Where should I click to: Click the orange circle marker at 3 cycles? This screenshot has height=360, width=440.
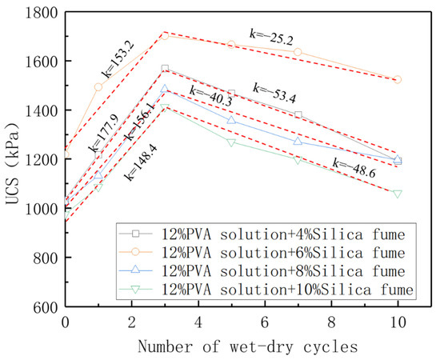(165, 35)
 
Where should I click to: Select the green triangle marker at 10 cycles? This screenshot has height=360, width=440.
(397, 194)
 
